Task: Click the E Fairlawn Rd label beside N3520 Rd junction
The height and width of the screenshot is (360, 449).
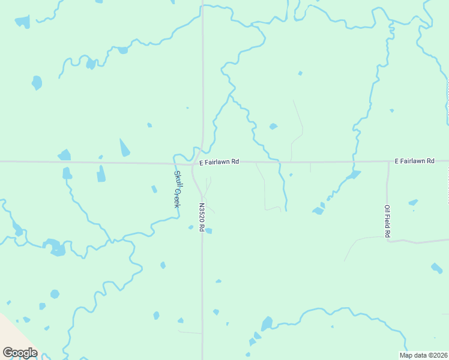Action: pyautogui.click(x=219, y=161)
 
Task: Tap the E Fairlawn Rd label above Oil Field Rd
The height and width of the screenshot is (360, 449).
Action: pyautogui.click(x=414, y=161)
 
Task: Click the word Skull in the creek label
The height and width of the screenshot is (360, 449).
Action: pyautogui.click(x=178, y=179)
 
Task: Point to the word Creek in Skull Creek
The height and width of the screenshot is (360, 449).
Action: pyautogui.click(x=177, y=197)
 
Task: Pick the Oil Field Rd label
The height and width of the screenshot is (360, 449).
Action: pyautogui.click(x=387, y=221)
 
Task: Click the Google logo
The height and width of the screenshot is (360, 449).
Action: pyautogui.click(x=20, y=353)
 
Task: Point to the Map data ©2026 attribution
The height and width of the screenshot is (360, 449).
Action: pyautogui.click(x=424, y=355)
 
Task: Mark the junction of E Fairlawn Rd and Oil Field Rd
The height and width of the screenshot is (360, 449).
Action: pyautogui.click(x=388, y=161)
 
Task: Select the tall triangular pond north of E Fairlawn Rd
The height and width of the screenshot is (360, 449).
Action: pyautogui.click(x=124, y=148)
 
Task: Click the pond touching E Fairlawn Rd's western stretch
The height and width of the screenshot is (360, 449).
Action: pyautogui.click(x=64, y=155)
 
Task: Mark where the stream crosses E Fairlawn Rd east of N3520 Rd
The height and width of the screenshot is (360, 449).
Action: pyautogui.click(x=279, y=161)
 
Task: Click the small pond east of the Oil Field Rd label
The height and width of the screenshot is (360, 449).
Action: pyautogui.click(x=413, y=203)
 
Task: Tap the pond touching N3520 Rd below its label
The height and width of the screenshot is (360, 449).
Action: pyautogui.click(x=208, y=231)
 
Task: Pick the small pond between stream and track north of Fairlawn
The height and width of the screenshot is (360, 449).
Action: pyautogui.click(x=273, y=127)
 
